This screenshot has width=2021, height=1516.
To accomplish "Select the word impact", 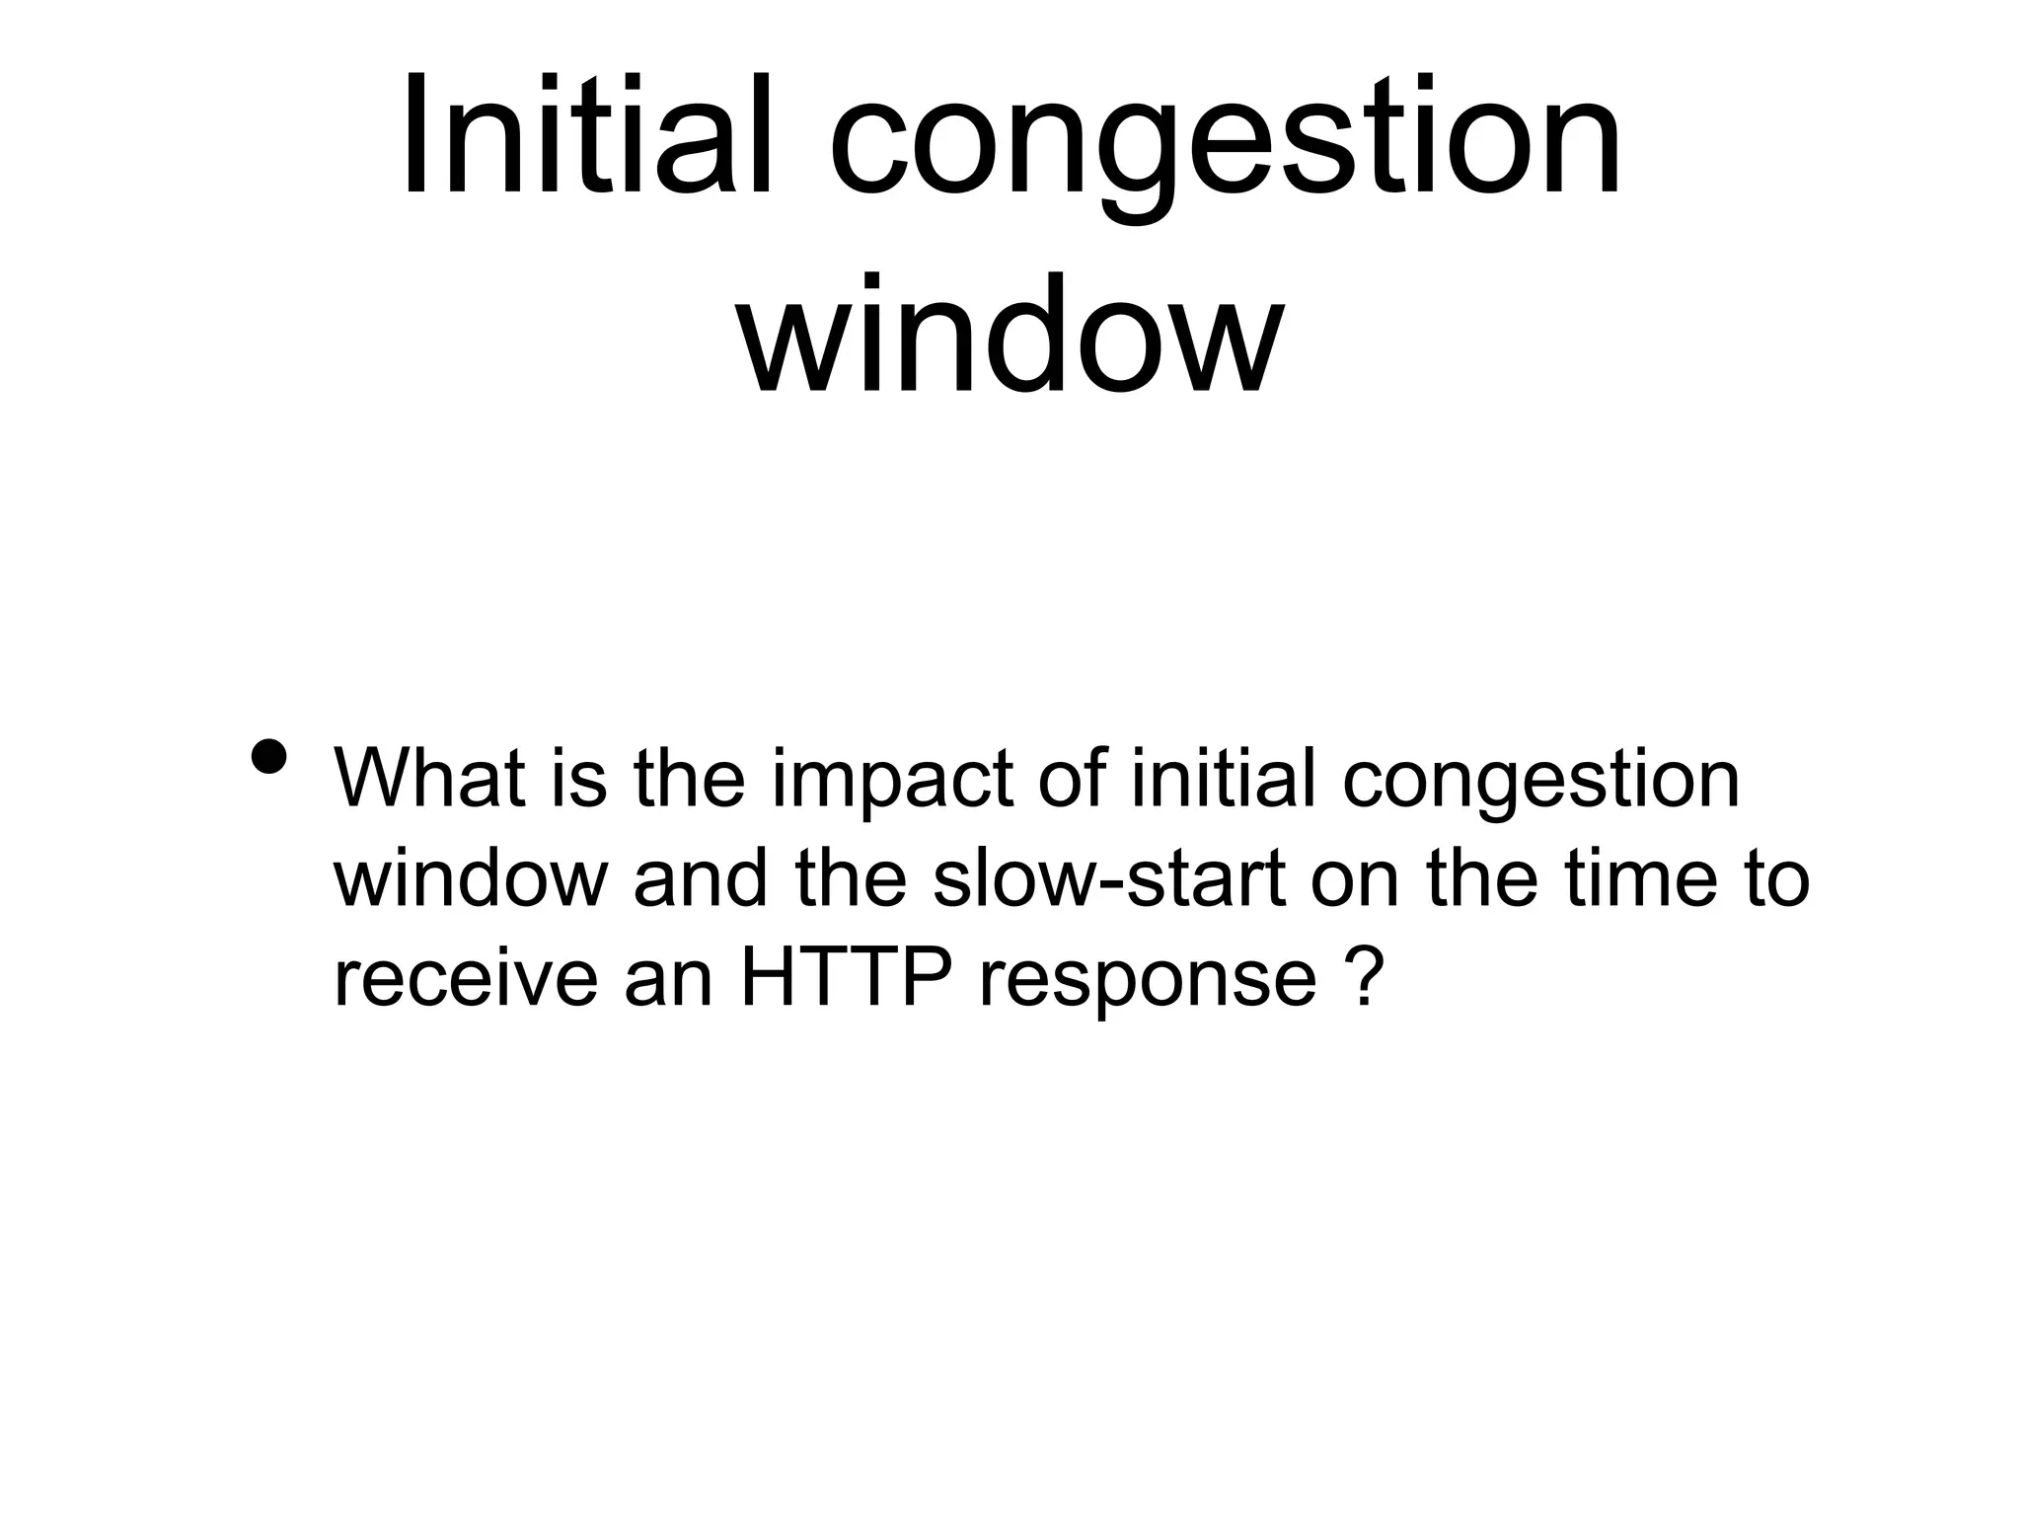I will [x=894, y=785].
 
